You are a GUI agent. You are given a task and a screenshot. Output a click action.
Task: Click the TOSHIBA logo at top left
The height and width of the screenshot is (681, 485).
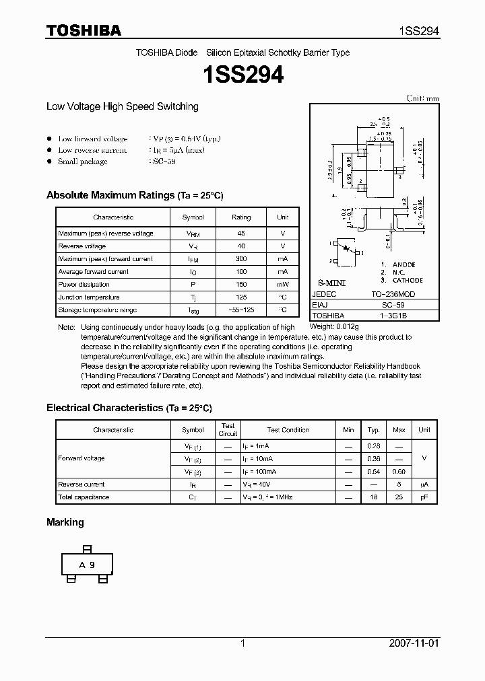click(84, 30)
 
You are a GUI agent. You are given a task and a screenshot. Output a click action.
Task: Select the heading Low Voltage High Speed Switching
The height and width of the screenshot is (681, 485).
click(122, 106)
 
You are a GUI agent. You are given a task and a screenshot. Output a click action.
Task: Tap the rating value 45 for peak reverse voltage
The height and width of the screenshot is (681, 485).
click(241, 234)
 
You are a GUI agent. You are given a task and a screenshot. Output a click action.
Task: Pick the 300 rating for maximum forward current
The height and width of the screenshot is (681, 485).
click(241, 259)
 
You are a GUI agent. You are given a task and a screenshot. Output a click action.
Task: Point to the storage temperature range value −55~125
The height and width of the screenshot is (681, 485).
click(241, 310)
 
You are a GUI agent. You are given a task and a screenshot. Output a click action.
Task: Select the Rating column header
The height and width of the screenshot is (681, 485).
click(241, 217)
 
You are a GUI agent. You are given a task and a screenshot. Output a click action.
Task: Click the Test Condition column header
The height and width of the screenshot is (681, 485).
click(288, 430)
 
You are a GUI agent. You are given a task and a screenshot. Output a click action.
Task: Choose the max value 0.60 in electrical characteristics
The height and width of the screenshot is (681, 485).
click(399, 472)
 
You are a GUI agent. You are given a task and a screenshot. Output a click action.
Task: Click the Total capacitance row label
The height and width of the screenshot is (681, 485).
click(84, 497)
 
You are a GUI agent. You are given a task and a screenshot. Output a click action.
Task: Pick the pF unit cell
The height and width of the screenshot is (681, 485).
click(424, 497)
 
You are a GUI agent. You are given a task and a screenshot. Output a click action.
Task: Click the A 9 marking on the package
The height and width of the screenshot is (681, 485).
click(87, 565)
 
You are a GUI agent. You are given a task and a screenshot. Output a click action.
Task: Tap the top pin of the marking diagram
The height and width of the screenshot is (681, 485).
click(86, 548)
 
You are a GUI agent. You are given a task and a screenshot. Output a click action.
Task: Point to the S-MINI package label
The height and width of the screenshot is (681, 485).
click(331, 283)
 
